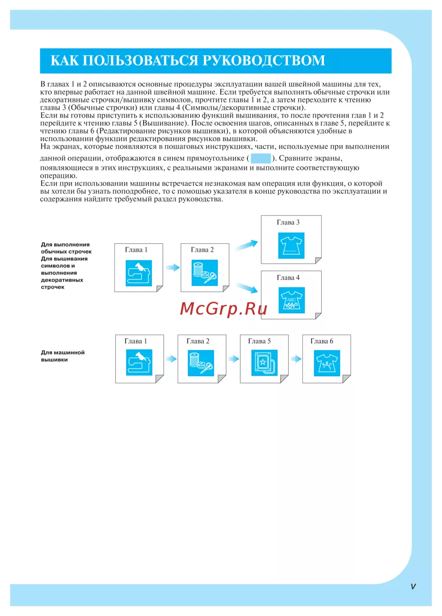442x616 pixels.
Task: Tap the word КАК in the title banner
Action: coord(65,61)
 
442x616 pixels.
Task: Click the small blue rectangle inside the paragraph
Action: coord(260,158)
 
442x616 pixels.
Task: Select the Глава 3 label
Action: coord(288,222)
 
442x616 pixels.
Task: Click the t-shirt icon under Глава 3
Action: coord(291,246)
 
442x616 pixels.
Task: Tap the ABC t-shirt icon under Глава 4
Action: coord(291,300)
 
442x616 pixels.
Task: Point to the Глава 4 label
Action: coord(288,278)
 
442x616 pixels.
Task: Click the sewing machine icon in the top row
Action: coord(139,273)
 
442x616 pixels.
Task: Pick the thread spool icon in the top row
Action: coord(205,273)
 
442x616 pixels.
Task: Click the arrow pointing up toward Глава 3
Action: coord(246,245)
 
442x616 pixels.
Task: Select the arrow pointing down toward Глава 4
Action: coord(246,288)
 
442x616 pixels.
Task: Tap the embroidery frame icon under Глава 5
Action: coord(264,363)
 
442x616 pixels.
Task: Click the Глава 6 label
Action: coord(322,341)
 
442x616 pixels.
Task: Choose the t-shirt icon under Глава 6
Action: coord(327,363)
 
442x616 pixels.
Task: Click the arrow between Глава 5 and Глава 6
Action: coord(296,359)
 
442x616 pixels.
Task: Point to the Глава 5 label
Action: coord(259,341)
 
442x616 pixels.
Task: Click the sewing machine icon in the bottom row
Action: coord(139,363)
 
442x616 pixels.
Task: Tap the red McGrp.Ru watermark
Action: coord(224,308)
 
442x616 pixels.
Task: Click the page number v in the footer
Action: coord(413,586)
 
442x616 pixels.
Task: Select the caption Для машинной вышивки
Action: coord(62,356)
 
